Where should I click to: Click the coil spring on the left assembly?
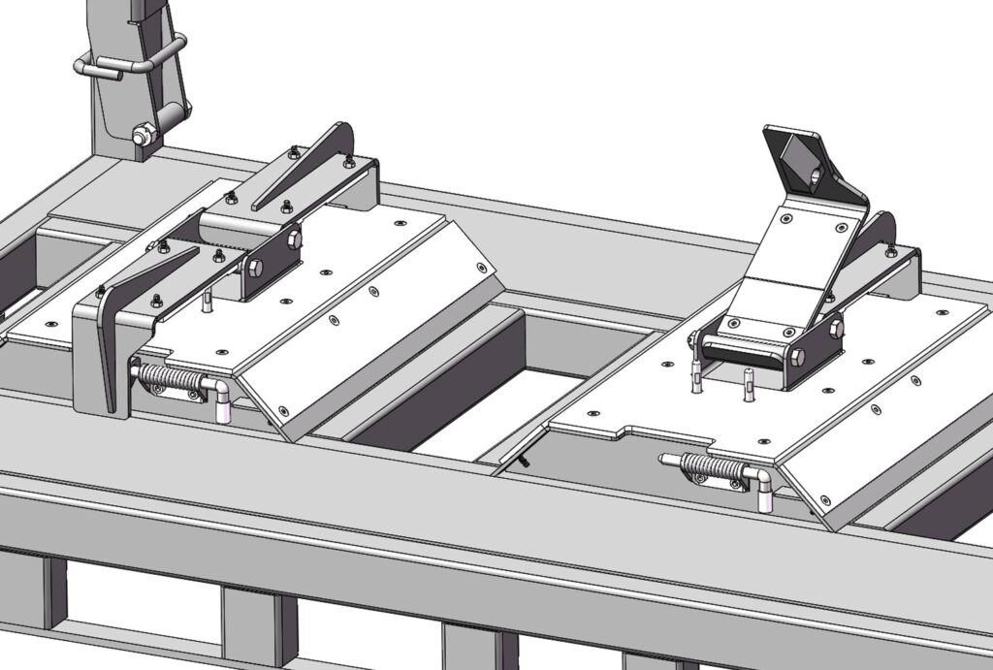[x=176, y=378]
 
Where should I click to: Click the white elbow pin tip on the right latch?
[x=765, y=497]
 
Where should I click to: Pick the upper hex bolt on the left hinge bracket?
[x=294, y=238]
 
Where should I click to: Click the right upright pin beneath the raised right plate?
[x=750, y=383]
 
